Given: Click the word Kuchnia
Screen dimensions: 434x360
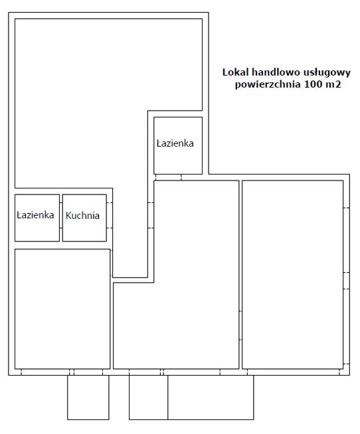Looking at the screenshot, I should pos(83,216).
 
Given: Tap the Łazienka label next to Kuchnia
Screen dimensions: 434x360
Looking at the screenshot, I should pos(35,216).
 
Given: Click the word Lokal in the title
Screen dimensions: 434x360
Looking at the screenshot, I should pos(235,73).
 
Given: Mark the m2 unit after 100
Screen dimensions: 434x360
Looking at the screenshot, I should pos(332,85).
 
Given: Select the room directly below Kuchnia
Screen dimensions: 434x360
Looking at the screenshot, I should pos(62,309).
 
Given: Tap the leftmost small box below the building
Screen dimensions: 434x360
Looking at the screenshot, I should pos(88,398).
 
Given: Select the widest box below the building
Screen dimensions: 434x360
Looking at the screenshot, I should pos(210,398).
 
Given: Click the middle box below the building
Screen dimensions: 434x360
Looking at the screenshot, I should pos(148,398).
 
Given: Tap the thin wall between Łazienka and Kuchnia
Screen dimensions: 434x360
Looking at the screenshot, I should pos(61,218).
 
